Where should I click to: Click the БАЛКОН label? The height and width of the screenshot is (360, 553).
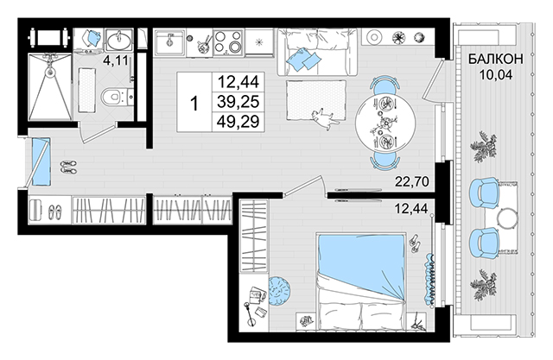(x=495, y=60)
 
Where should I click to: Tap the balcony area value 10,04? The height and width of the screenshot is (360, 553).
(x=495, y=75)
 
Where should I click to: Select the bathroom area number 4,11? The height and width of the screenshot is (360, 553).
(x=115, y=60)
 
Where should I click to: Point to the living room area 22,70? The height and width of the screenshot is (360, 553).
(x=411, y=182)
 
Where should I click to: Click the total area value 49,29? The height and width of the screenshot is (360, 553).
(x=238, y=122)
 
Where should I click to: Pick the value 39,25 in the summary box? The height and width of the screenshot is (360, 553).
(x=238, y=102)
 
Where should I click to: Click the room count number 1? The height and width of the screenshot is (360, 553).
(x=194, y=104)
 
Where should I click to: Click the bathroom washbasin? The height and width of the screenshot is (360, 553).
(x=119, y=41)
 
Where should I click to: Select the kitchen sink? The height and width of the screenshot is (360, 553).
(x=169, y=42)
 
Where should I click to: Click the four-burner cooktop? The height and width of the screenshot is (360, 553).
(x=228, y=42)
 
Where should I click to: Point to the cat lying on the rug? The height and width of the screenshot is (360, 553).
(x=325, y=119)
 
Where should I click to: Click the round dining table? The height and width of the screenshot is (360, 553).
(x=385, y=123)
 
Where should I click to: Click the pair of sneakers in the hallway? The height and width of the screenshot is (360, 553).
(x=68, y=167)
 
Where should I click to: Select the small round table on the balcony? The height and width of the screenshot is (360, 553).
(x=508, y=218)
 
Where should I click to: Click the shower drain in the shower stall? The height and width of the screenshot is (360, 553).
(x=51, y=72)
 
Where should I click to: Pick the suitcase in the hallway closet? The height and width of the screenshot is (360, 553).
(x=35, y=211)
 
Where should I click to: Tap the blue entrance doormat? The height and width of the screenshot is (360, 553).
(x=41, y=161)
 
